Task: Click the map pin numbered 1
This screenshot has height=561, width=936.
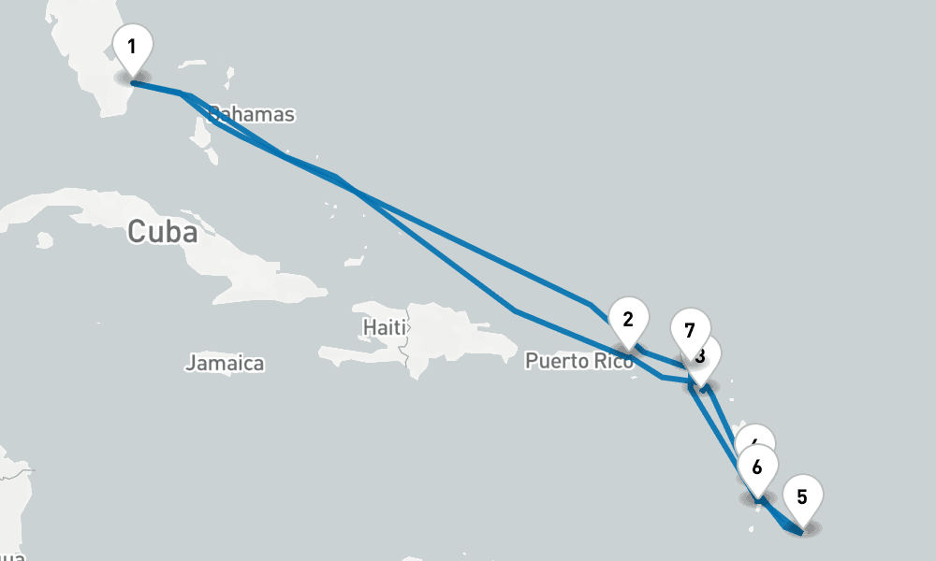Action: (x=132, y=47)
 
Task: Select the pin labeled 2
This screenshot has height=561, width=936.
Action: (x=628, y=320)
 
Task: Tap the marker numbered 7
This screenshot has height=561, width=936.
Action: (x=689, y=331)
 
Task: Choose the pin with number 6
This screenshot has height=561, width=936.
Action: (x=757, y=466)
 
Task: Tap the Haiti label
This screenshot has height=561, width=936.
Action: (x=385, y=327)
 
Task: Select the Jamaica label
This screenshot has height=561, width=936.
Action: (x=225, y=363)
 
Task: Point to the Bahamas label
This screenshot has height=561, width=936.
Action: (x=251, y=115)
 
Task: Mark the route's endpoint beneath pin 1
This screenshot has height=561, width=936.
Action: (x=132, y=82)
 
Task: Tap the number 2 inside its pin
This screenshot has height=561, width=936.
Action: (x=628, y=318)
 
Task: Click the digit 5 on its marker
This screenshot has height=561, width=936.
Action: (x=802, y=496)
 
